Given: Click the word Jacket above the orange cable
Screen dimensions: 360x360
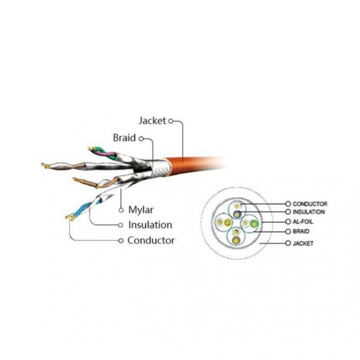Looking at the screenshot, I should (152, 121).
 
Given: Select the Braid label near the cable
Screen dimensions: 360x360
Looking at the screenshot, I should (124, 138).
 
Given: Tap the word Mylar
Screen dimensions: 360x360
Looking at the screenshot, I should (140, 210).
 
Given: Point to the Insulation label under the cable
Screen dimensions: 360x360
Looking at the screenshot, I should (150, 225).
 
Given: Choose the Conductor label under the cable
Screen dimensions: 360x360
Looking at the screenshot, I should (151, 240).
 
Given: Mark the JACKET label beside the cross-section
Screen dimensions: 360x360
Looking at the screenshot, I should (303, 243).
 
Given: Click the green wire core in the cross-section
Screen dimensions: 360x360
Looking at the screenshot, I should (253, 223).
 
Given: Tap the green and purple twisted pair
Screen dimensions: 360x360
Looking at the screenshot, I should (103, 152).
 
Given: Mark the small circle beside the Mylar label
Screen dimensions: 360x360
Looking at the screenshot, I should (121, 210).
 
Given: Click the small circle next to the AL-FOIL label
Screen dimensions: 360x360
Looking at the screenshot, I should (288, 221).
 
